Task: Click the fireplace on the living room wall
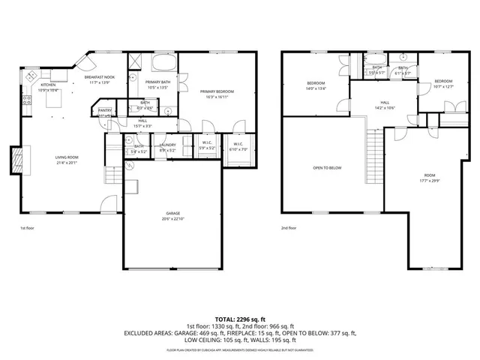[x=16, y=159]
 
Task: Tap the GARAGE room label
[x=172, y=216]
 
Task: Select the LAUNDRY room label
[x=168, y=146]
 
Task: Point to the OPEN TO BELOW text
[x=327, y=168]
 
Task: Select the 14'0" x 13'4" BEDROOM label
[x=315, y=85]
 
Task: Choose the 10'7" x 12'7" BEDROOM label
[x=443, y=83]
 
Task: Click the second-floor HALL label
[x=384, y=104]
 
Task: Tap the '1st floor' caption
[x=28, y=228]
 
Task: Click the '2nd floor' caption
[x=289, y=228]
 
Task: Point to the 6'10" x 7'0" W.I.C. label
[x=238, y=146]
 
